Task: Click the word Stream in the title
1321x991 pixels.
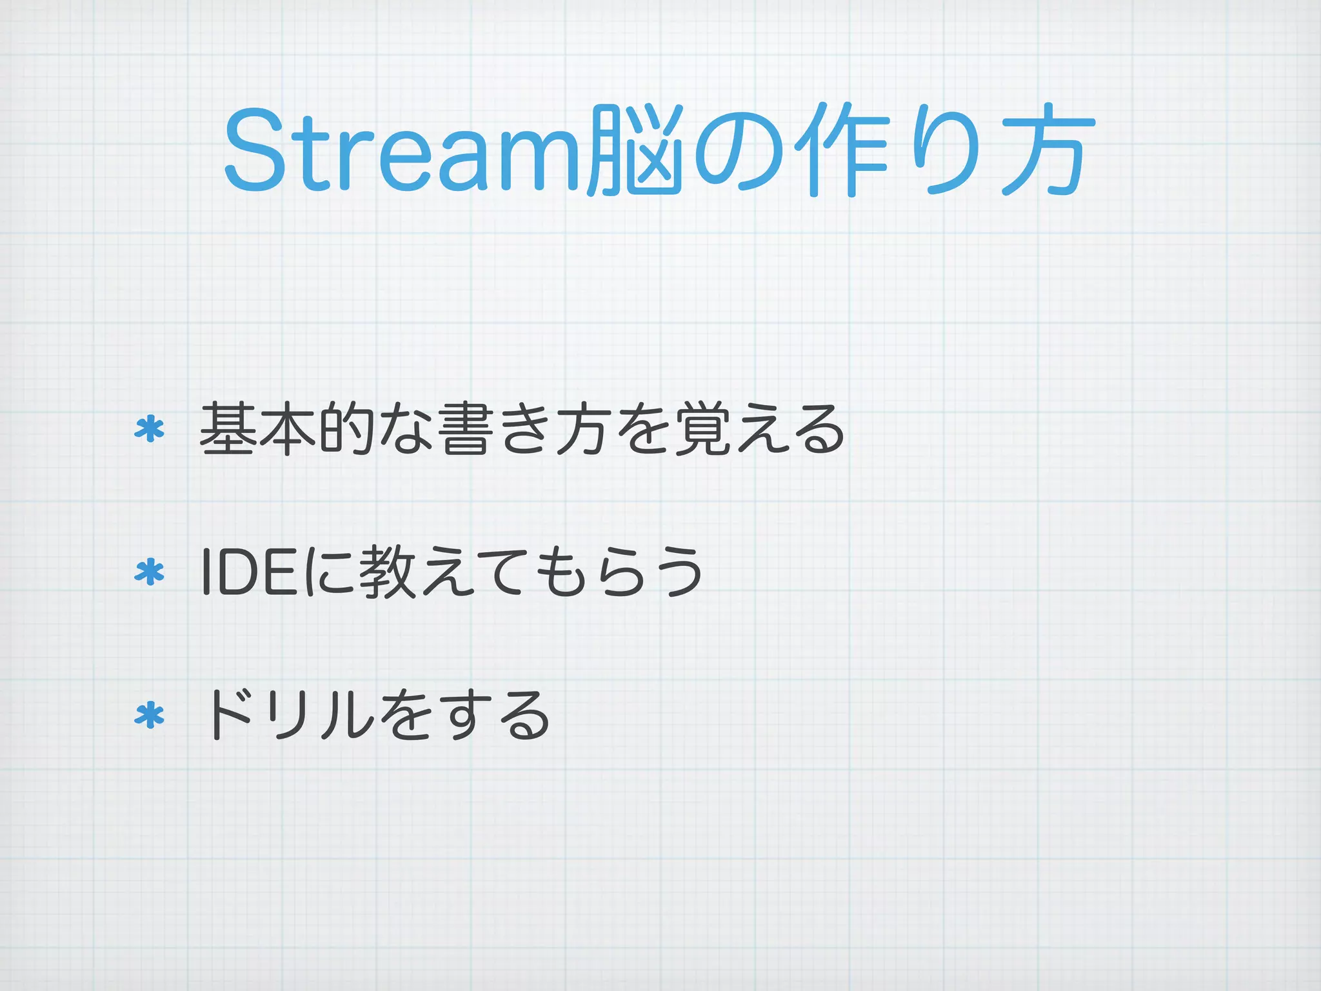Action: [x=402, y=151]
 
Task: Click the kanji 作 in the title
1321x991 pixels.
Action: [x=845, y=151]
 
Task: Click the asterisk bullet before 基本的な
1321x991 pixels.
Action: [x=150, y=430]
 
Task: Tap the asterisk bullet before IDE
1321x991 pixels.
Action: [x=150, y=572]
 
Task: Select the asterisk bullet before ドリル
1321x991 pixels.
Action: [x=150, y=716]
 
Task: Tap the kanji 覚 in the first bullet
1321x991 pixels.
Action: [x=700, y=429]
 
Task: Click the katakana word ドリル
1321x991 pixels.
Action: [x=287, y=716]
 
